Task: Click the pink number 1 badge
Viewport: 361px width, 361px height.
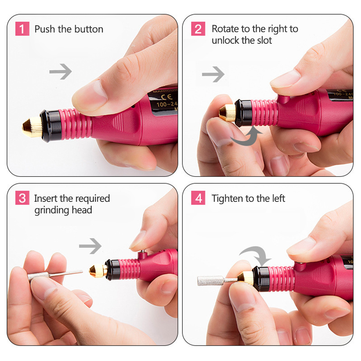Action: tap(22, 29)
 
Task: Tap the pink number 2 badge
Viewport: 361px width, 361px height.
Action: tap(198, 29)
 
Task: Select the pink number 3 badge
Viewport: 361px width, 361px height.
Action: tap(22, 198)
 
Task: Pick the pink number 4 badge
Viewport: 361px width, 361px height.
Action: tap(198, 198)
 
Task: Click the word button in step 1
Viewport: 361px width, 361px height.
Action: tap(86, 29)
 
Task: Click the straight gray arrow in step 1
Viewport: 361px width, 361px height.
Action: tap(60, 72)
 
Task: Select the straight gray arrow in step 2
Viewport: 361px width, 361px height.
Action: tap(213, 75)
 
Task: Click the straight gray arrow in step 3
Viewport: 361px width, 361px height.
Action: tap(90, 247)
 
